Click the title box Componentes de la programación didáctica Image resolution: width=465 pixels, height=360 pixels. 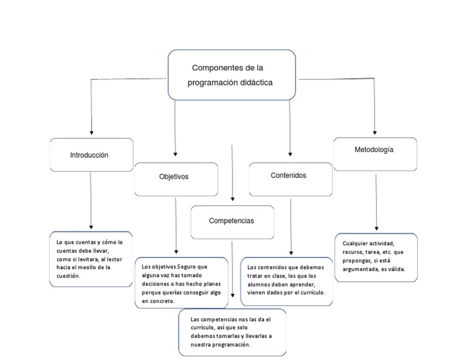(232, 75)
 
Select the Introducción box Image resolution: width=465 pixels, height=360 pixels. (91, 155)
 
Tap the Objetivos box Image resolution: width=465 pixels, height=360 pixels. (176, 179)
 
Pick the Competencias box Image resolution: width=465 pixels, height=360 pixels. (232, 222)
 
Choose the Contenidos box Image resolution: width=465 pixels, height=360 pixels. (290, 178)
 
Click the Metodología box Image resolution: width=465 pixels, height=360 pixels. (375, 154)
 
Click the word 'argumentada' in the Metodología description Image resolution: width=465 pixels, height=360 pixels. (362, 268)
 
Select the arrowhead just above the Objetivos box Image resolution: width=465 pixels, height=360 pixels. (176, 153)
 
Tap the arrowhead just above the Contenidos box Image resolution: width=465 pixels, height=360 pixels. (290, 153)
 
